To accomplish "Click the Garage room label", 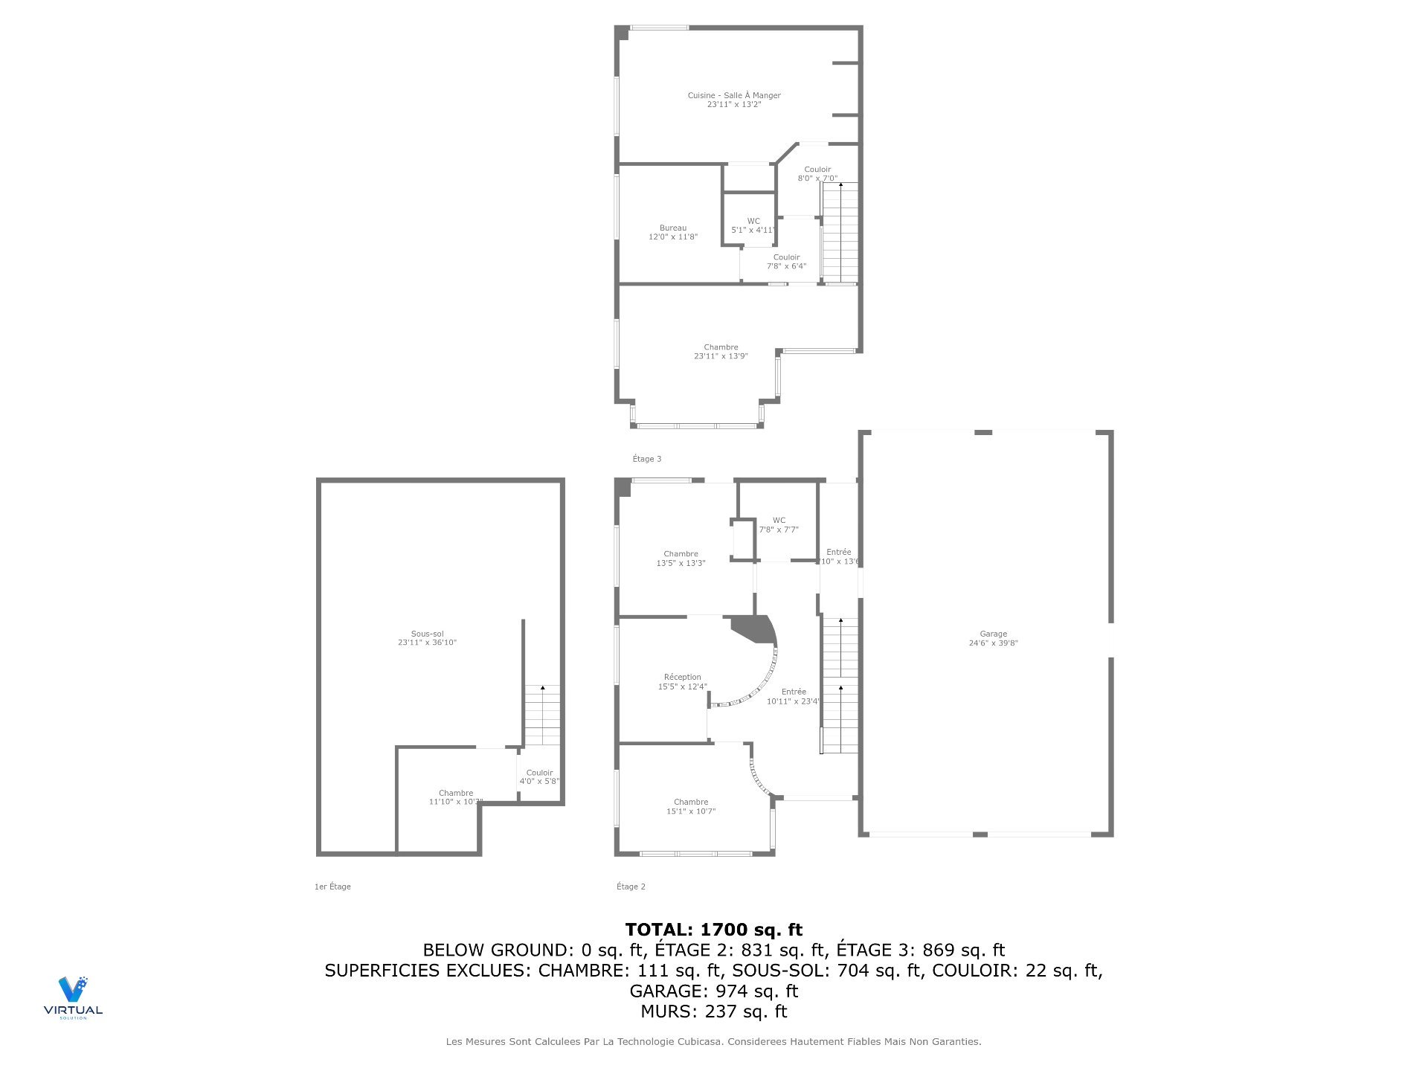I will (993, 638).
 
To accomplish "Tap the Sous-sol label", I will (427, 637).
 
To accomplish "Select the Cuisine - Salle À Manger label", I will (733, 100).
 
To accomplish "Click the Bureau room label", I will (672, 232).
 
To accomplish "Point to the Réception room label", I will (682, 682).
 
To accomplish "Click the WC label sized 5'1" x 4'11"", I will (753, 225).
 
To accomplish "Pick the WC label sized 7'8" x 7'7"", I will (778, 525).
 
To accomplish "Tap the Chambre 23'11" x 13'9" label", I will (721, 351).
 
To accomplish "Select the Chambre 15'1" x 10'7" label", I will (690, 806).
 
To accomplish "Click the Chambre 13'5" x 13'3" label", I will (681, 558).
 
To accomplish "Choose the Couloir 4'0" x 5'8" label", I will (539, 776).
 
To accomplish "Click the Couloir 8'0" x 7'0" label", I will (817, 173).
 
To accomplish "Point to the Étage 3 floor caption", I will (646, 459).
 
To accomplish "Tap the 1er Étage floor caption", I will (332, 887).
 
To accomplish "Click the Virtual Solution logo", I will (73, 997).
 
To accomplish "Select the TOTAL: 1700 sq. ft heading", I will (713, 929).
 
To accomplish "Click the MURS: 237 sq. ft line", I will (713, 1011).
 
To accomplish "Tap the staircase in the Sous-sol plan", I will (542, 715).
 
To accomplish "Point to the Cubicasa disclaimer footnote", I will (713, 1042).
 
